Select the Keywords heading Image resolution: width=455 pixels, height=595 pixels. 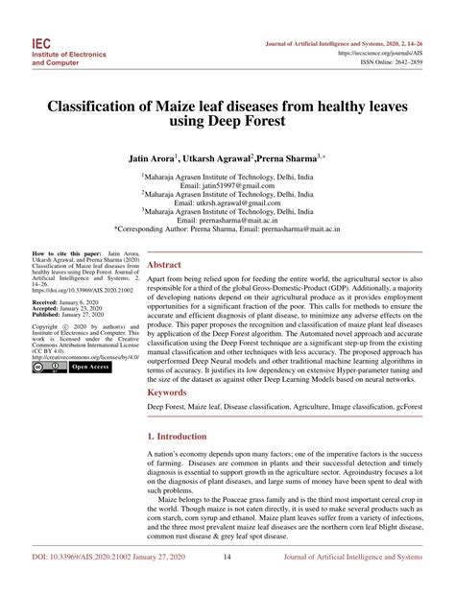(168, 393)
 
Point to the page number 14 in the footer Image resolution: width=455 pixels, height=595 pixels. (227, 582)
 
